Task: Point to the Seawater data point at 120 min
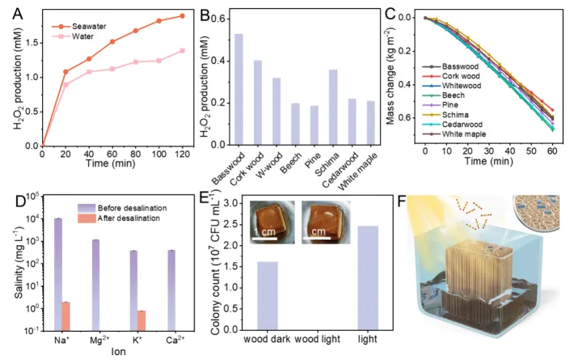[x=182, y=15]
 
